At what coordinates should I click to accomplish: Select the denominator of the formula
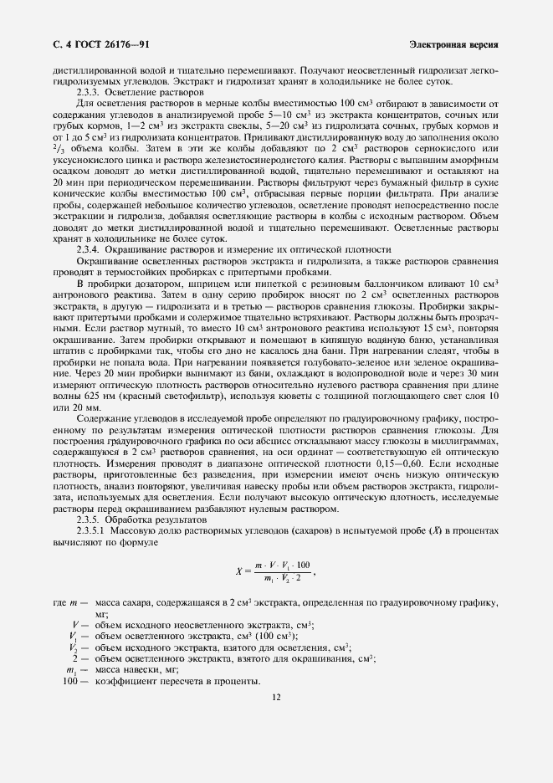point(280,579)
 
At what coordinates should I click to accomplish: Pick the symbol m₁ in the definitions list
point(72,669)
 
